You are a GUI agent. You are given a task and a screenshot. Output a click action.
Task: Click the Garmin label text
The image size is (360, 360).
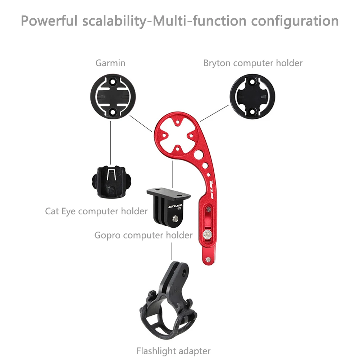point(110,63)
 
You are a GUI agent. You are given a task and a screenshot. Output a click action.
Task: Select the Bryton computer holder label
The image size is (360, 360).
point(253,63)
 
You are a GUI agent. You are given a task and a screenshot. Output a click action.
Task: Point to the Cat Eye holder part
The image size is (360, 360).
point(110,182)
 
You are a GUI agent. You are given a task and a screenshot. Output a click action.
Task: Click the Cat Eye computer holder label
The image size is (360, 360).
point(96,211)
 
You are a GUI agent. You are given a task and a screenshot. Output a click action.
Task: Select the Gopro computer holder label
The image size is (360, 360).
point(143,235)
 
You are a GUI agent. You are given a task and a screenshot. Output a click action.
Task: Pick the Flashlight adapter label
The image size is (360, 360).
point(173,351)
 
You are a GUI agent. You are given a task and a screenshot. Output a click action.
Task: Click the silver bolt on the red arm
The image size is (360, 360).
point(208,235)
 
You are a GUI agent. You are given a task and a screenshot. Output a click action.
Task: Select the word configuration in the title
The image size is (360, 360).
point(295,20)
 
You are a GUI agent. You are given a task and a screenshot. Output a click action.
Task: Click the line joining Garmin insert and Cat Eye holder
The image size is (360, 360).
point(110,140)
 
